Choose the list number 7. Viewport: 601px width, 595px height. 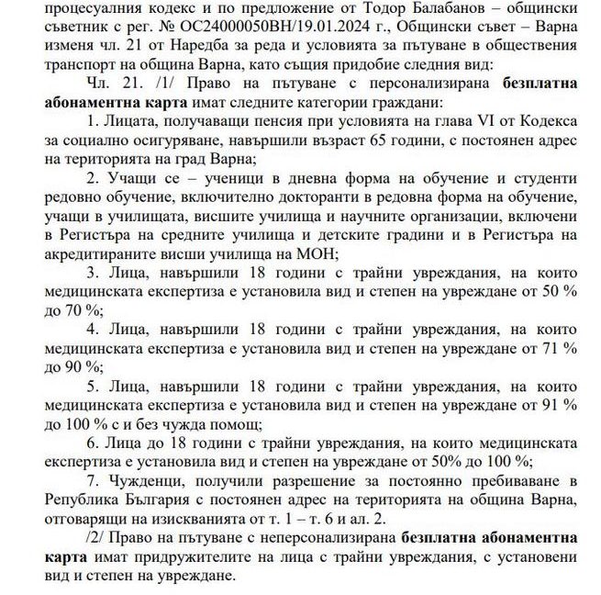click(x=91, y=480)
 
